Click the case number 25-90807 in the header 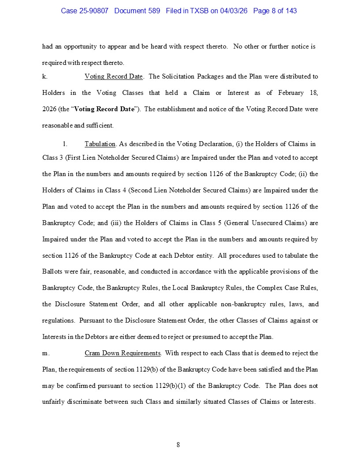(x=95, y=11)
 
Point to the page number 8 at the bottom (x=178, y=445)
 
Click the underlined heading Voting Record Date (x=113, y=76)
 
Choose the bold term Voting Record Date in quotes (x=104, y=109)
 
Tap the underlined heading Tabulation (x=100, y=143)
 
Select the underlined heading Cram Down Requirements (x=122, y=353)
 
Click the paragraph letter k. (x=45, y=76)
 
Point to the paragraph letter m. (x=45, y=353)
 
